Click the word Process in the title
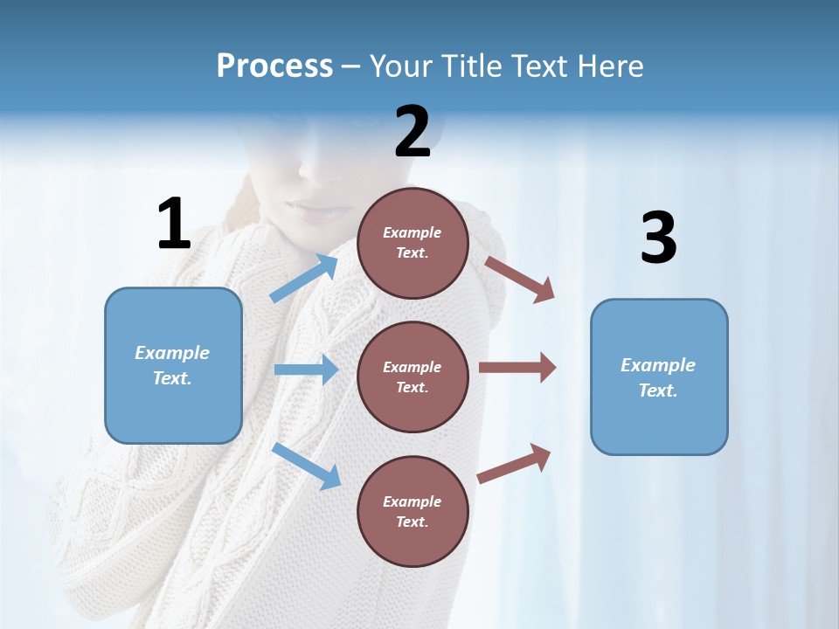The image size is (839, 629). (274, 66)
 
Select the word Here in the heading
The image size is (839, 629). (609, 66)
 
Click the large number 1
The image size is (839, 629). (174, 224)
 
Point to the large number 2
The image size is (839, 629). (413, 132)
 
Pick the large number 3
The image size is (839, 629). (658, 238)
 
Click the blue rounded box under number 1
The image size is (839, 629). (173, 365)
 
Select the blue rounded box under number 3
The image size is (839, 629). (659, 377)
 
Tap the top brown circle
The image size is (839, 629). (413, 243)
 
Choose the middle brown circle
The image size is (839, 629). (413, 377)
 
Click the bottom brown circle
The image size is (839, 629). (413, 511)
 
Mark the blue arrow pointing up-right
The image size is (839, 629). (304, 279)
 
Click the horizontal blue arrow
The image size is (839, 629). (306, 370)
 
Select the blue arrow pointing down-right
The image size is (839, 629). (307, 466)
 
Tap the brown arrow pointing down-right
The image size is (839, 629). (519, 279)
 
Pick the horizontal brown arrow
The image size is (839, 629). (517, 368)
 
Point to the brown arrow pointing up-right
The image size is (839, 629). (515, 463)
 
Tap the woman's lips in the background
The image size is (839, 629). (316, 211)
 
